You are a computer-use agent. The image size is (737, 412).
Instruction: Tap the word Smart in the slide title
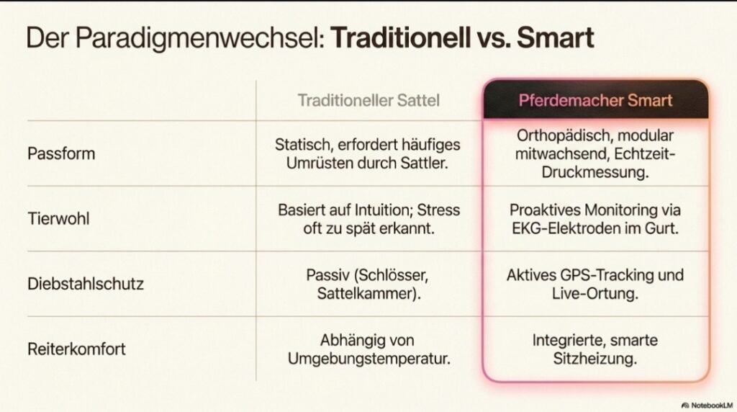coord(555,37)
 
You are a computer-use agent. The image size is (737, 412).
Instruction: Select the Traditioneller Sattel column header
coord(368,100)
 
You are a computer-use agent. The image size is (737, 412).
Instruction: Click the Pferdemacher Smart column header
coord(595,100)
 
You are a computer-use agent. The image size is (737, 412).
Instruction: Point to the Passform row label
coord(61,153)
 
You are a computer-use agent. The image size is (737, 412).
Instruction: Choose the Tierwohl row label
coord(58,219)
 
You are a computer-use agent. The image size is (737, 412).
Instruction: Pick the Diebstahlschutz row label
coord(86,284)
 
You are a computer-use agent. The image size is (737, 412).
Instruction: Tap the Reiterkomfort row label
coord(76,349)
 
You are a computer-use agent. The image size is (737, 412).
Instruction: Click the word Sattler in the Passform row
coord(424,163)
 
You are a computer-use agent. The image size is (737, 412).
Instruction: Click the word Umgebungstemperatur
coord(369,359)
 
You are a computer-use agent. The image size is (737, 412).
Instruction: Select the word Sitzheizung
coord(595,359)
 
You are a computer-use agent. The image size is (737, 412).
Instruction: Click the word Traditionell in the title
coord(401,37)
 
